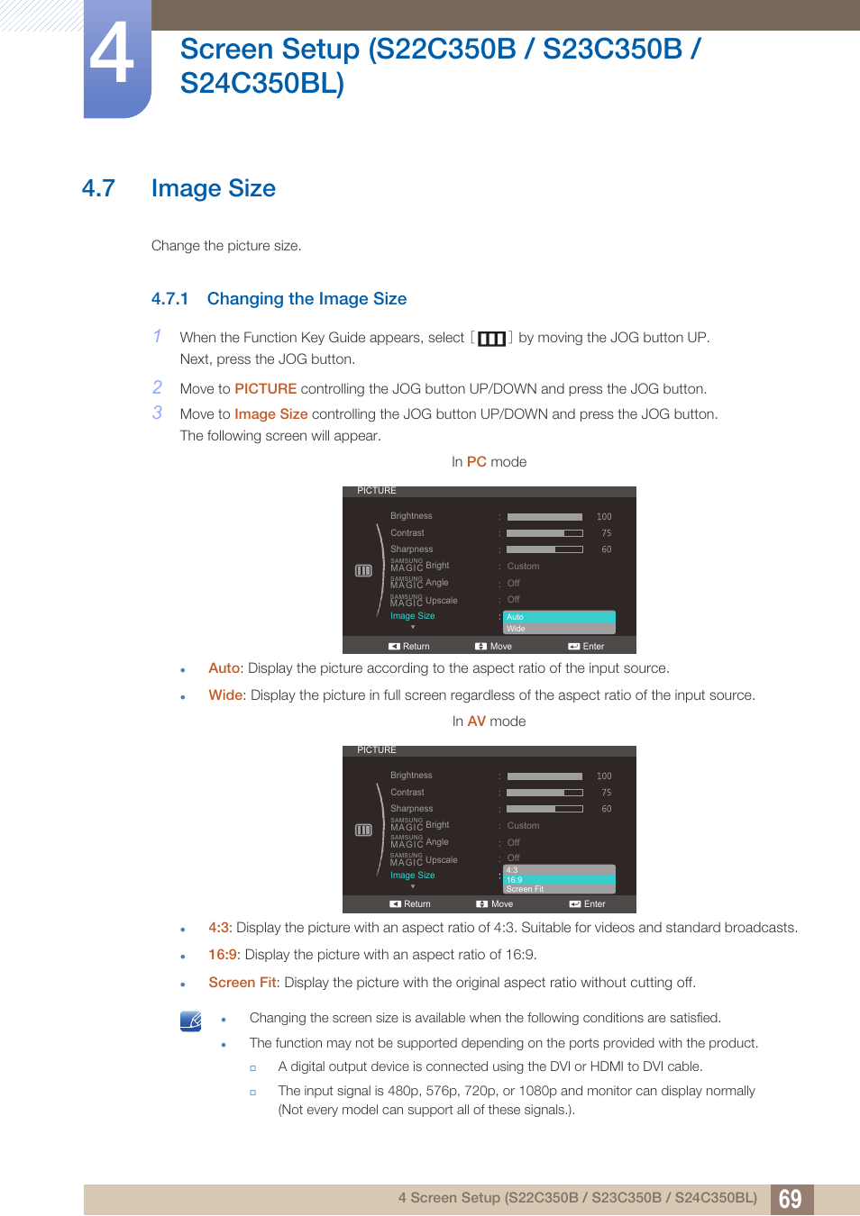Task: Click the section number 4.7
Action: [x=98, y=188]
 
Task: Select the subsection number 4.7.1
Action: [x=169, y=299]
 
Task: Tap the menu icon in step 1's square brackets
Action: [x=491, y=339]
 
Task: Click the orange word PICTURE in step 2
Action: [x=265, y=389]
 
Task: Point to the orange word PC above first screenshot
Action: [x=476, y=462]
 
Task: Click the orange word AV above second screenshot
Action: [x=476, y=721]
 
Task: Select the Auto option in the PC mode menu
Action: [x=558, y=617]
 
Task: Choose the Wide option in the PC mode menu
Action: [x=558, y=629]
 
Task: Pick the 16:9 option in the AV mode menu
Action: [x=558, y=880]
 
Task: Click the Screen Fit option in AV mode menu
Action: [x=558, y=889]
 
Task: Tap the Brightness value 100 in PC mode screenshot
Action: [x=604, y=517]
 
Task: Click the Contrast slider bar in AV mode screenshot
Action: [x=544, y=793]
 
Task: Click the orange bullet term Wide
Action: [x=225, y=695]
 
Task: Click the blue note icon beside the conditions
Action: [x=190, y=1021]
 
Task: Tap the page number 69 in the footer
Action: [x=791, y=1199]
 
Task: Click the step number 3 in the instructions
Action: [x=157, y=413]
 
